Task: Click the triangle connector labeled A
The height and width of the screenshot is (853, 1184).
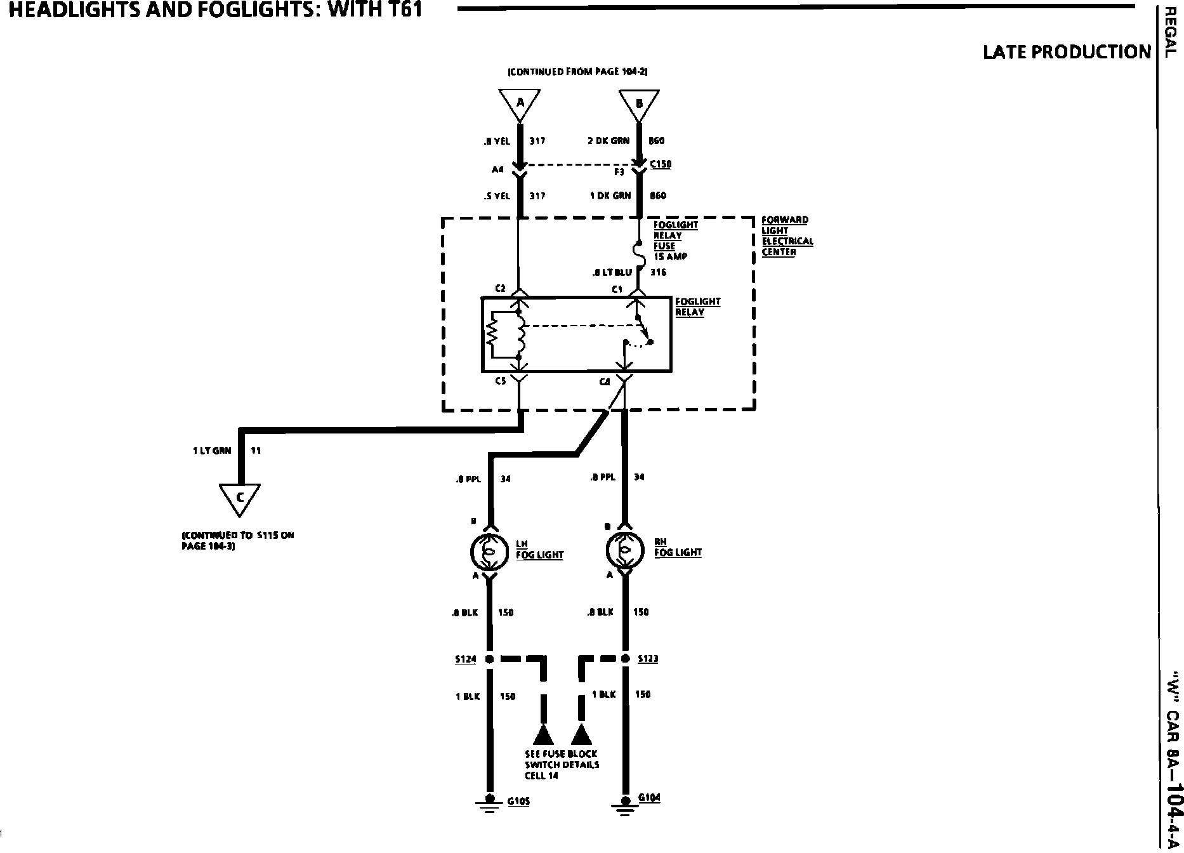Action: (x=520, y=103)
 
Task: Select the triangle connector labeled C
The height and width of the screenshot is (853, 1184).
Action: (x=240, y=498)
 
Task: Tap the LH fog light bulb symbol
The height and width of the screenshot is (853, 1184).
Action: (x=489, y=551)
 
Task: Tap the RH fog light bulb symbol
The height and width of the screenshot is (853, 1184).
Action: (x=624, y=550)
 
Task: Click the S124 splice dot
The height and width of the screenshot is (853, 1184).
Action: (x=489, y=659)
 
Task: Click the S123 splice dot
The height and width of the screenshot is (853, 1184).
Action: (x=625, y=658)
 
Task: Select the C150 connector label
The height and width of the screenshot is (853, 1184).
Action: (x=661, y=164)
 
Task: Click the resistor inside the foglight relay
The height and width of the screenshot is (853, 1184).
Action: (x=492, y=334)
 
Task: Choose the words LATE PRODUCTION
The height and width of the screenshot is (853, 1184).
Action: (x=1067, y=52)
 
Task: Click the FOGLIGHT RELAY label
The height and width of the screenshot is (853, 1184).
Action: (x=697, y=307)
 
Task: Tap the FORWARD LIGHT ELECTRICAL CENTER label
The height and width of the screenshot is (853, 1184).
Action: (x=787, y=235)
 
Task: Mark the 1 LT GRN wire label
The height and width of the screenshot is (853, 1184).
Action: (x=212, y=451)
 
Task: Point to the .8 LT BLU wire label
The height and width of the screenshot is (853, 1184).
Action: (x=612, y=272)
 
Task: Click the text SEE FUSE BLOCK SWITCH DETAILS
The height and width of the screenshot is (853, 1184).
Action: (x=562, y=764)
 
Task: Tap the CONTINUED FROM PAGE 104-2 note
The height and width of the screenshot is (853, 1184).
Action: (x=577, y=72)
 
